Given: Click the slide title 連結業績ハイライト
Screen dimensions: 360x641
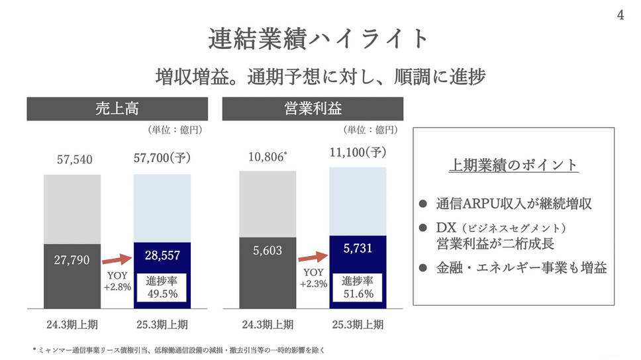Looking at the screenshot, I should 320,38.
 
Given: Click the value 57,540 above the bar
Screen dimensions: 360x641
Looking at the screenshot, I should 72,159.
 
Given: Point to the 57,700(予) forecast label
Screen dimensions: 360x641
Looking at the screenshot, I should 162,159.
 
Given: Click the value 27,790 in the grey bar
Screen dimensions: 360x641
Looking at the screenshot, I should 72,260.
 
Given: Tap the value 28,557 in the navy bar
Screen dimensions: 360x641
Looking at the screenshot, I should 162,255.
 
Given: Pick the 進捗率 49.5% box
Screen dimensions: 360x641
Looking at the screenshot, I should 162,287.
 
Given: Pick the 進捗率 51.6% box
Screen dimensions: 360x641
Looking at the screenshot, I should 358,287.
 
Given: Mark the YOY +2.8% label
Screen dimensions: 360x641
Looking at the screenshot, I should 117,279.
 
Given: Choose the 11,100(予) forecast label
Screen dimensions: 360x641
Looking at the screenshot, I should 358,153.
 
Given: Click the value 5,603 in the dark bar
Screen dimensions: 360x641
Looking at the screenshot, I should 268,251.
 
